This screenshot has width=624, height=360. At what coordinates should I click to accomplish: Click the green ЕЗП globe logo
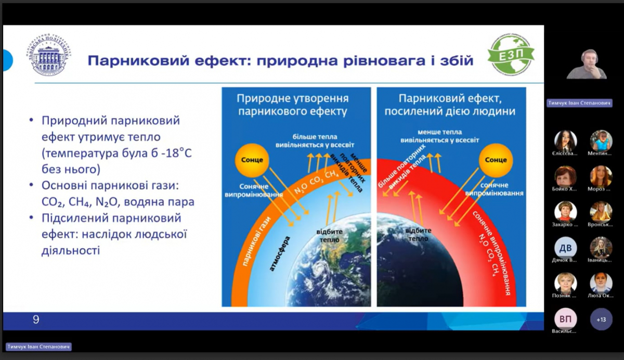[511, 55]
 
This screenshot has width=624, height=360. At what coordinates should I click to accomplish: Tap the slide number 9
[35, 319]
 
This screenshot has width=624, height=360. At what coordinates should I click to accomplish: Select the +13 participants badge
[601, 319]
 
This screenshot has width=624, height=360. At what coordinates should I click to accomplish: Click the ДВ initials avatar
[565, 248]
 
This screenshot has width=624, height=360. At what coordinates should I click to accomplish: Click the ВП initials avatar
[565, 319]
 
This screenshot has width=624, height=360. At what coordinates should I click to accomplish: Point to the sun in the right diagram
[495, 160]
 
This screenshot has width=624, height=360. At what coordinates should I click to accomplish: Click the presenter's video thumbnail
[586, 65]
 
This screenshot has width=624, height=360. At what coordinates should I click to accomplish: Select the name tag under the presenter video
[579, 103]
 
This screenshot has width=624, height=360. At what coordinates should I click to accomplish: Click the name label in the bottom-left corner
[38, 346]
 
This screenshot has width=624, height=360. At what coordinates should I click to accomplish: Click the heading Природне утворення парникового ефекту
[293, 105]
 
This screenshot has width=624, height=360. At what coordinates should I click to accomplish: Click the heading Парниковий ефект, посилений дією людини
[450, 105]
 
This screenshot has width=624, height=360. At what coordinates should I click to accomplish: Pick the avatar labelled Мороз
[601, 176]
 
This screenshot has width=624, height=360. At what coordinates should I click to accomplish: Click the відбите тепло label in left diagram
[329, 236]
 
